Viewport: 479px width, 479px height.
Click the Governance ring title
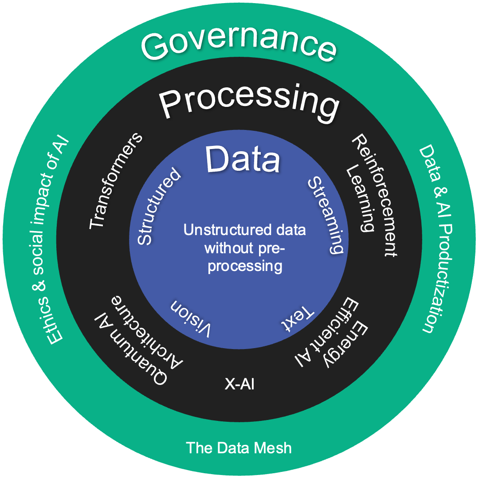click(238, 44)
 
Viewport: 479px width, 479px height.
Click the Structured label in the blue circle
click(158, 207)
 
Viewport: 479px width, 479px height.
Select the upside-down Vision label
click(191, 317)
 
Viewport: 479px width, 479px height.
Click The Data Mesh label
click(239, 448)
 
